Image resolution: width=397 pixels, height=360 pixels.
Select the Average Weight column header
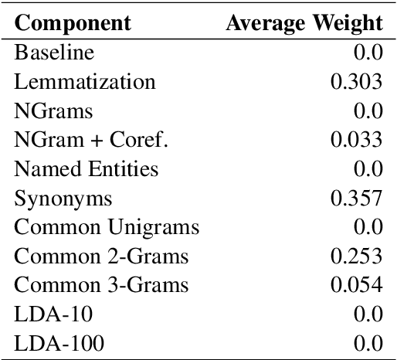point(304,22)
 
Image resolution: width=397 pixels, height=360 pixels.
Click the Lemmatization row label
point(85,82)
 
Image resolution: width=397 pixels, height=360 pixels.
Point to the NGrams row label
point(53,110)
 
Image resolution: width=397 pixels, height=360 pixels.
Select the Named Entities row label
point(87,168)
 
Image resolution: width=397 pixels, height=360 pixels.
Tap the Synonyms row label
point(63,198)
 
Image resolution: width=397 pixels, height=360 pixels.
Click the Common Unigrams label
point(107,227)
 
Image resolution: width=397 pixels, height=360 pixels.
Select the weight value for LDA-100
point(368,342)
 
